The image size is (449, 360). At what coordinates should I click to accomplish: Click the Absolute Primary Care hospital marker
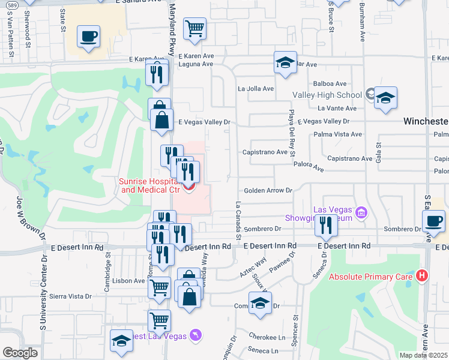point(423,276)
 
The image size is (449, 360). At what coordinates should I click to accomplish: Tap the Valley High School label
point(327,95)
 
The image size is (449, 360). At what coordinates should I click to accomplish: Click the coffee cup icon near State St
point(88,37)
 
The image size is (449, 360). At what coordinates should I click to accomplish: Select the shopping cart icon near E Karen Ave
point(194,28)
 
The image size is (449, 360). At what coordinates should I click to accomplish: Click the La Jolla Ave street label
point(256,88)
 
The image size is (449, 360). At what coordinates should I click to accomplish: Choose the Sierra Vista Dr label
point(71,296)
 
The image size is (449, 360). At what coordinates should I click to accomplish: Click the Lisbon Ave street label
point(128,280)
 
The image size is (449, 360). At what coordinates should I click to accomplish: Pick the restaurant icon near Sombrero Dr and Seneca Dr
point(326,225)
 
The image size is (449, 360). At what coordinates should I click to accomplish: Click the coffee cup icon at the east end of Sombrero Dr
point(433,220)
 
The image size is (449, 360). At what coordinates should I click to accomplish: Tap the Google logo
point(20,353)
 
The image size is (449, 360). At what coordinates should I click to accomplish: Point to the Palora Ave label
point(309,170)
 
